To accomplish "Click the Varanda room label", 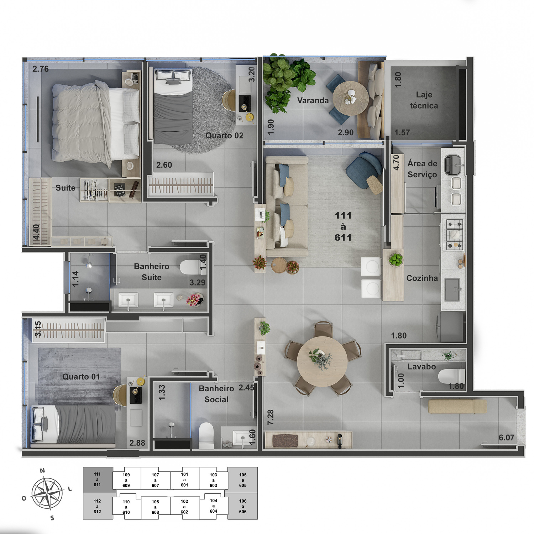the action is [313, 100].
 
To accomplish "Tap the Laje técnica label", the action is [424, 100].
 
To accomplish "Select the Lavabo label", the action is [422, 367].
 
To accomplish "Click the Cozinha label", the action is [422, 278].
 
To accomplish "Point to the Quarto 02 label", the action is [224, 136].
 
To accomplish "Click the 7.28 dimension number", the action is [271, 417].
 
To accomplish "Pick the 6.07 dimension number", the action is [506, 438].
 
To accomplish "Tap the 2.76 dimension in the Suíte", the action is [41, 69].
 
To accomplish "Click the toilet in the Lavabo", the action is [451, 376].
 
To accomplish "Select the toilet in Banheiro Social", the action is [206, 435].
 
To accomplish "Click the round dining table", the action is [322, 361].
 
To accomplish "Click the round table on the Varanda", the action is [351, 98].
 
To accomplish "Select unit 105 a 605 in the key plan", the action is [243, 480].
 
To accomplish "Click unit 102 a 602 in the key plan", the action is [184, 507].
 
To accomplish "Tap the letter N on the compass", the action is [42, 471].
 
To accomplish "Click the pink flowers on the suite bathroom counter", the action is [194, 300].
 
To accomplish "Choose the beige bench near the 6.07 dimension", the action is [457, 407].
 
